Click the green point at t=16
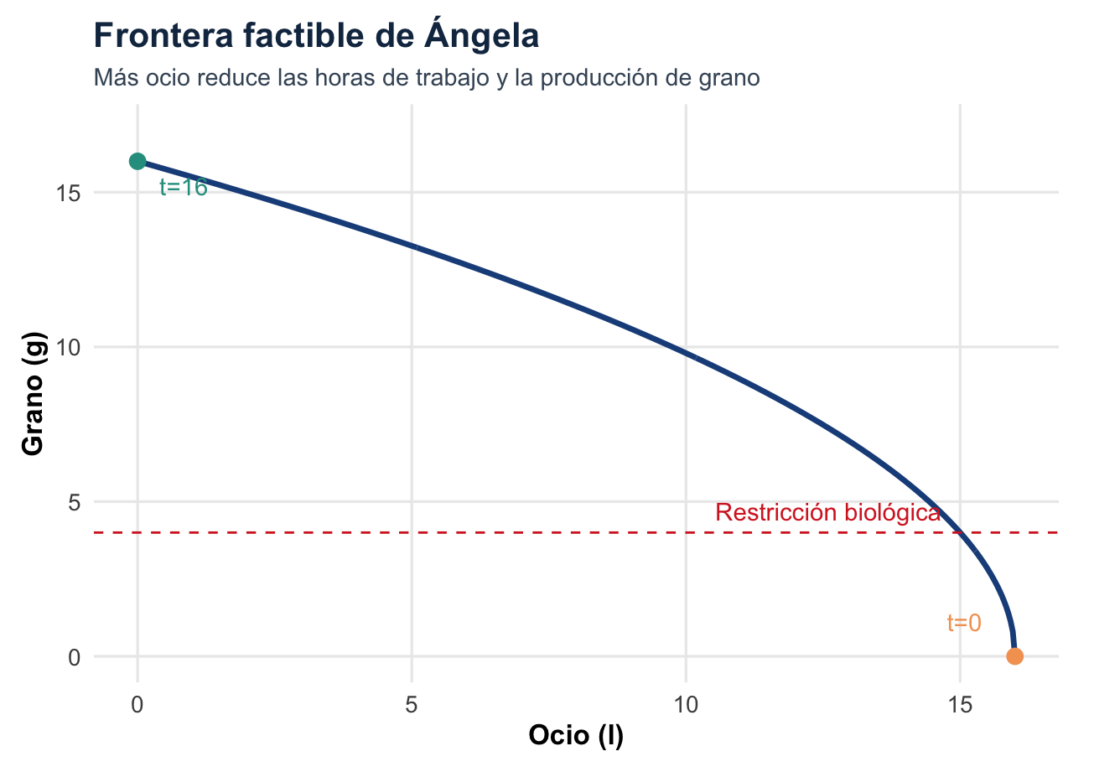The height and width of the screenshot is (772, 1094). [x=137, y=161]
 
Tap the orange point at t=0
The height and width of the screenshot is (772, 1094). [x=1014, y=656]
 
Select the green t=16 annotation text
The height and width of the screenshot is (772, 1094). [x=183, y=188]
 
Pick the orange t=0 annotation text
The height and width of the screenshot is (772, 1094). [x=964, y=623]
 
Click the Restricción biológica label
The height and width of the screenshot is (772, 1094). [x=827, y=513]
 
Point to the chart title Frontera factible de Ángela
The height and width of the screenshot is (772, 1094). [x=316, y=36]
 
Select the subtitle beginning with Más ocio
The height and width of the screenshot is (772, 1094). [x=427, y=79]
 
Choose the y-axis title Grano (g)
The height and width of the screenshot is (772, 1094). [x=33, y=394]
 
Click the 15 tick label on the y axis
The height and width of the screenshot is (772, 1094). [x=69, y=193]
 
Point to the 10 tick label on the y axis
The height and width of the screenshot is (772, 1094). [x=69, y=347]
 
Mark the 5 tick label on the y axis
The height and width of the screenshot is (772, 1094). [x=75, y=502]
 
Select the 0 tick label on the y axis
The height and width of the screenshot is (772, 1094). [x=75, y=657]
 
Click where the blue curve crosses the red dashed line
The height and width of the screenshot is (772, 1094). [x=960, y=532]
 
